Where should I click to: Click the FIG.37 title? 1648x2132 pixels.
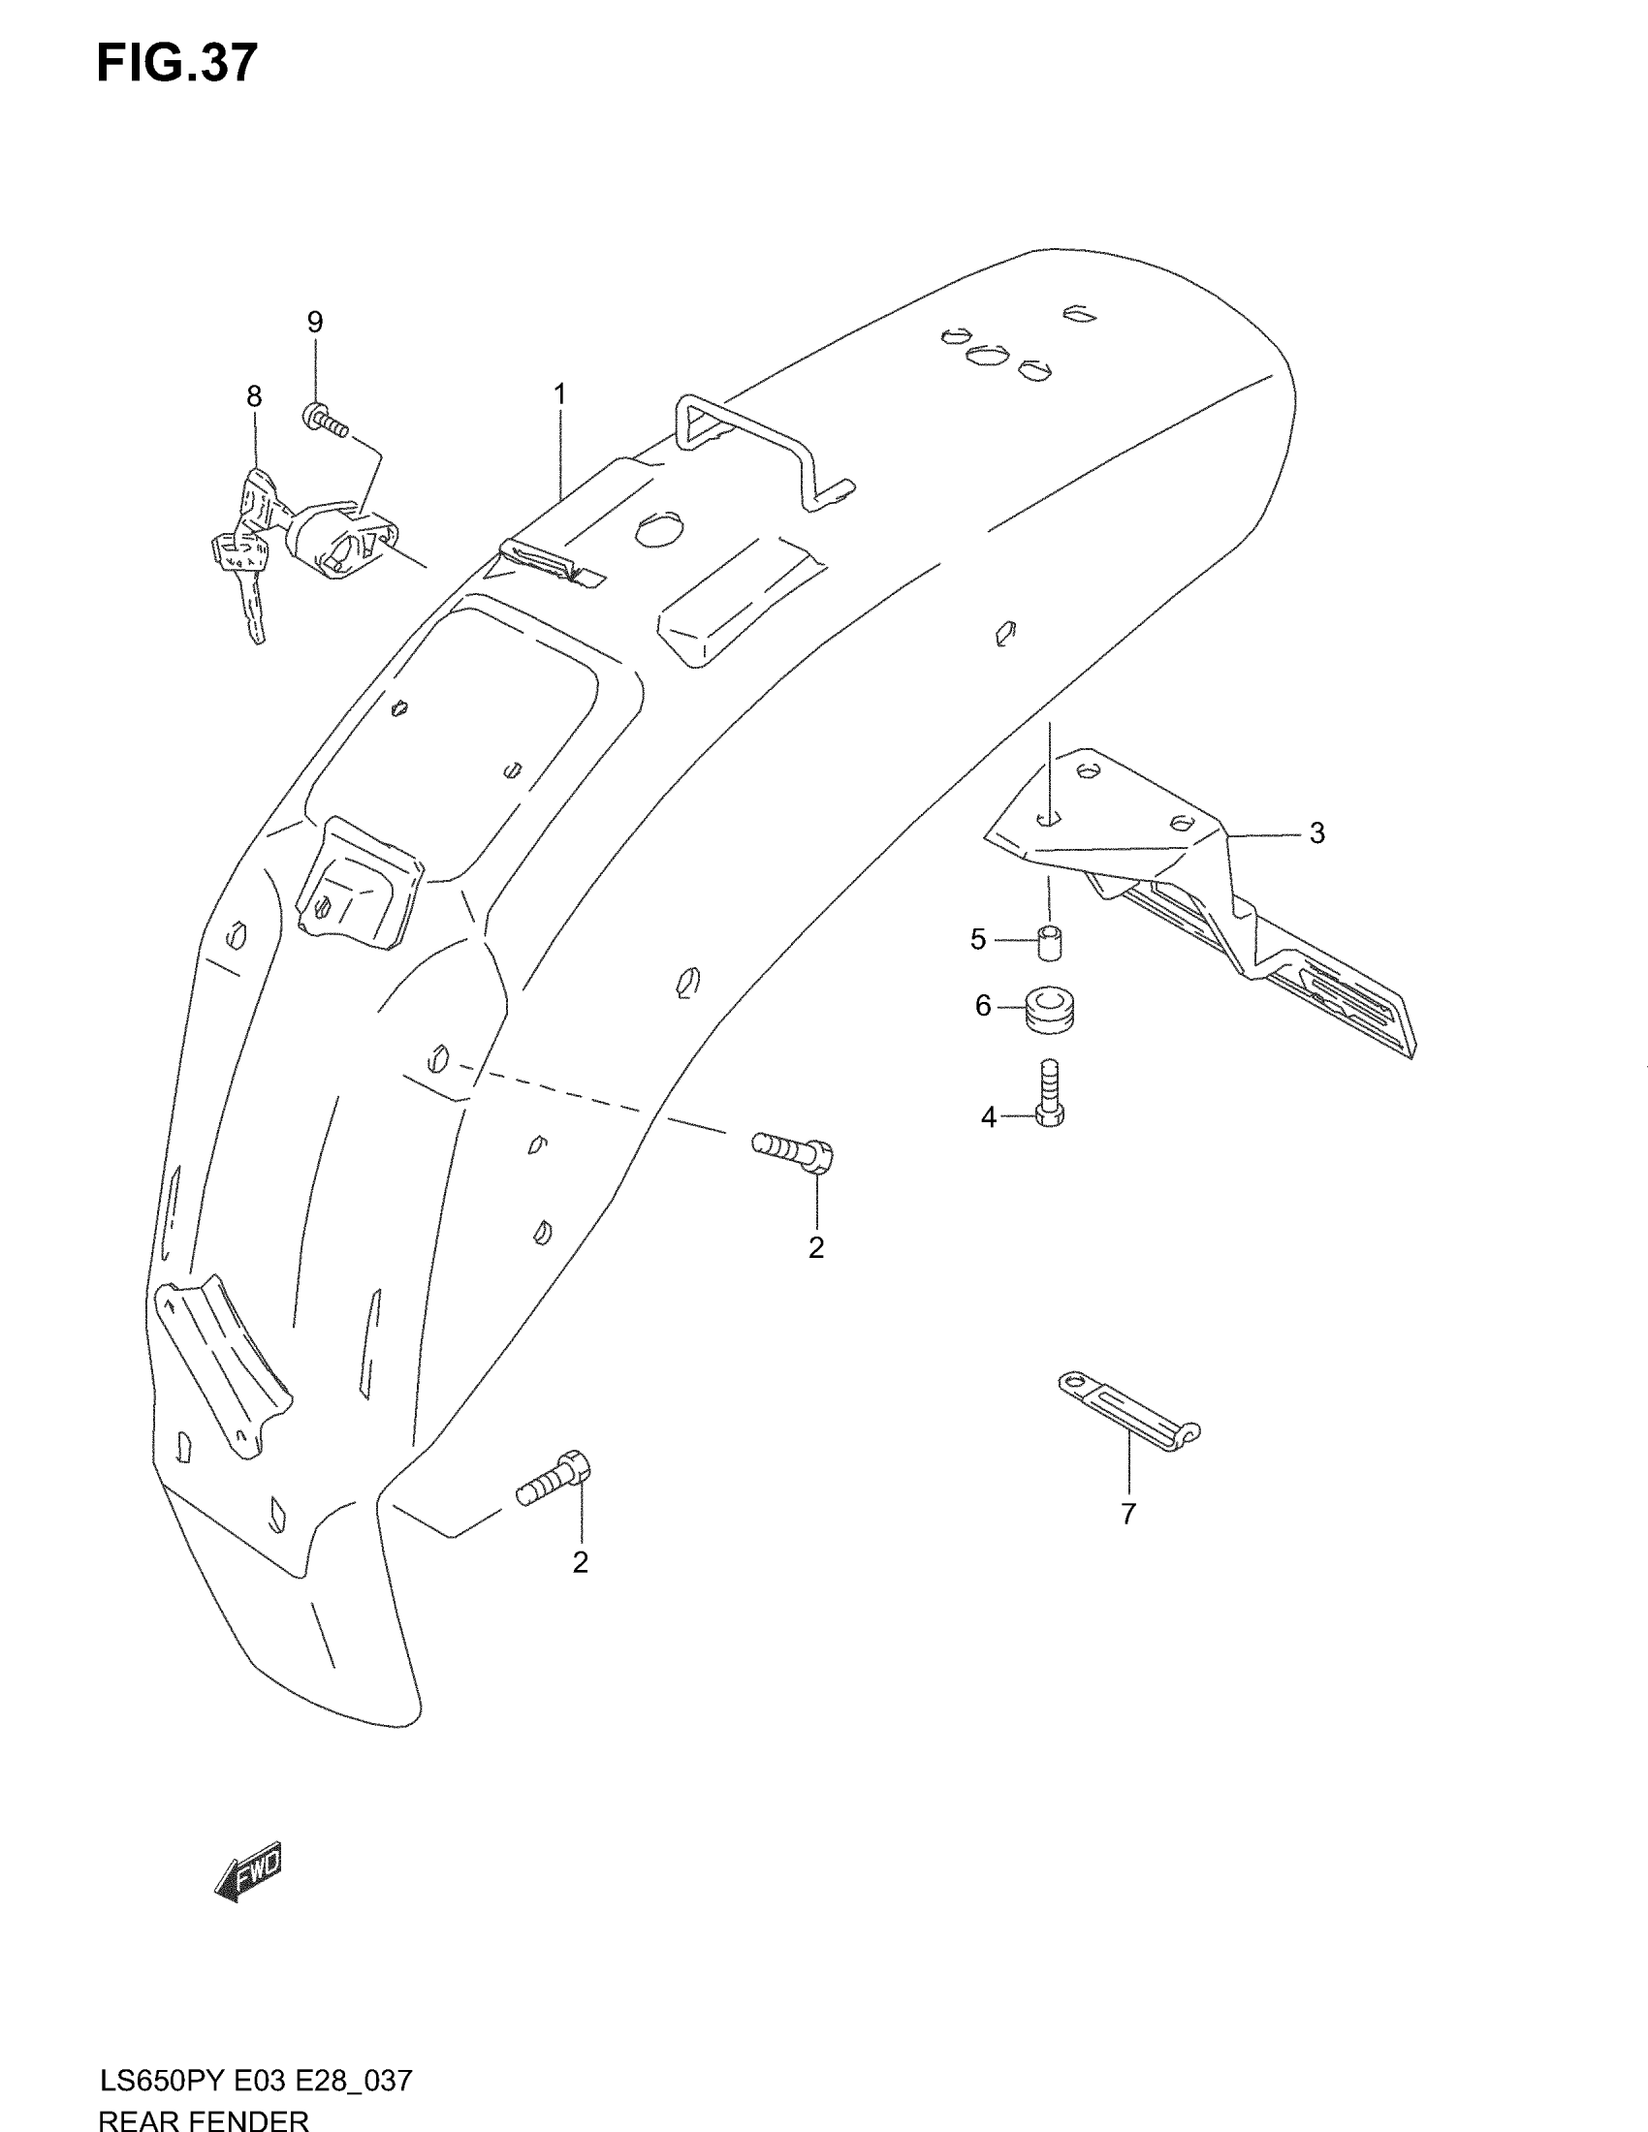point(176,64)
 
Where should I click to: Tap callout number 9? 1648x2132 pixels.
point(314,321)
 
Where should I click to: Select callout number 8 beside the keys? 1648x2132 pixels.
point(254,396)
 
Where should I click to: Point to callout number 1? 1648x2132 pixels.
point(559,393)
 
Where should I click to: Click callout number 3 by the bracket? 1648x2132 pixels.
point(1316,832)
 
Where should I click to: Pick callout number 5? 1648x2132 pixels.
point(978,939)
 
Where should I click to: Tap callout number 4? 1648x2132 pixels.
point(988,1116)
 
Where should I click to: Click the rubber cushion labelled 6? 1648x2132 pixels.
point(1050,1010)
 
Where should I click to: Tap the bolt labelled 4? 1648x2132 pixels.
point(1050,1093)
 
